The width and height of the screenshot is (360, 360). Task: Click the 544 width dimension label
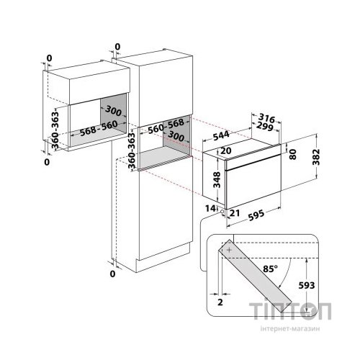coord(221,136)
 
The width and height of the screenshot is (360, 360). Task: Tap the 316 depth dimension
coord(266,118)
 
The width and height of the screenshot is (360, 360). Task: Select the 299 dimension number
coord(264,127)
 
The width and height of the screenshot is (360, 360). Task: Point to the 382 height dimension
coord(317,157)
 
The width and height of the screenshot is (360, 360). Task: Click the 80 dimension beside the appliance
coord(293,154)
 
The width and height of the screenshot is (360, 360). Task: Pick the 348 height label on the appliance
coord(217,179)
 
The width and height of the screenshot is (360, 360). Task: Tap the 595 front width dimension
coord(256,215)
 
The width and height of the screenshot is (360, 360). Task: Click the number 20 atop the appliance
coord(225,150)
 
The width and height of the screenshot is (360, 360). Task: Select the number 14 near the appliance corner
coord(210,208)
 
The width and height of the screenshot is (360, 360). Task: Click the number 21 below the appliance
coord(235,212)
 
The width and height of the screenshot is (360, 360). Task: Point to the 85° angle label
coord(270,269)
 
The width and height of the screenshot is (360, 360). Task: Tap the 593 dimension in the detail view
coord(307,285)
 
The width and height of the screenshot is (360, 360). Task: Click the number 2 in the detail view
coord(220,302)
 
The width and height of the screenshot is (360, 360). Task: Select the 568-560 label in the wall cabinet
coord(99,128)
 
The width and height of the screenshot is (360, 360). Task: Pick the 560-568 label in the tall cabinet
coord(166,127)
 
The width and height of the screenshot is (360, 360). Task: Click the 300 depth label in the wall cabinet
coord(113,110)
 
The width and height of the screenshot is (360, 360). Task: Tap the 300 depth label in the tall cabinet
coord(176,136)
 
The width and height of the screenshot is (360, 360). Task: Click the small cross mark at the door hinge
coord(230,250)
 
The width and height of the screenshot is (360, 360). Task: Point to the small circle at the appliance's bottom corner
coord(222,212)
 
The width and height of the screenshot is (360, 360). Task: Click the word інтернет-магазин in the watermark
coord(290,329)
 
